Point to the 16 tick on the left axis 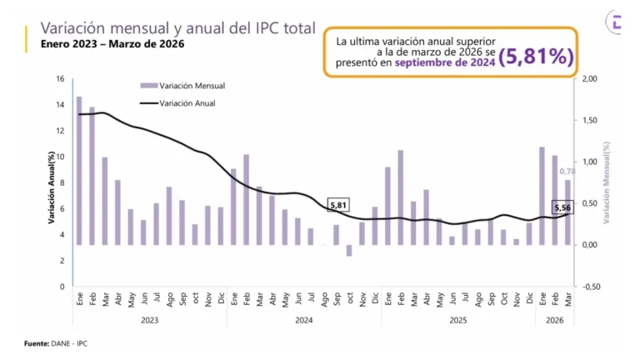[60, 79]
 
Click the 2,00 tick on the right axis [589, 79]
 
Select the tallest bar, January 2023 [79, 171]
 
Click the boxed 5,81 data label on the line [338, 205]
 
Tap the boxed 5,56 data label [563, 207]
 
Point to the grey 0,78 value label [567, 172]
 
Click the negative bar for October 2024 [349, 250]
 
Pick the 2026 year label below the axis [555, 319]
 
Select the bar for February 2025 [401, 197]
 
